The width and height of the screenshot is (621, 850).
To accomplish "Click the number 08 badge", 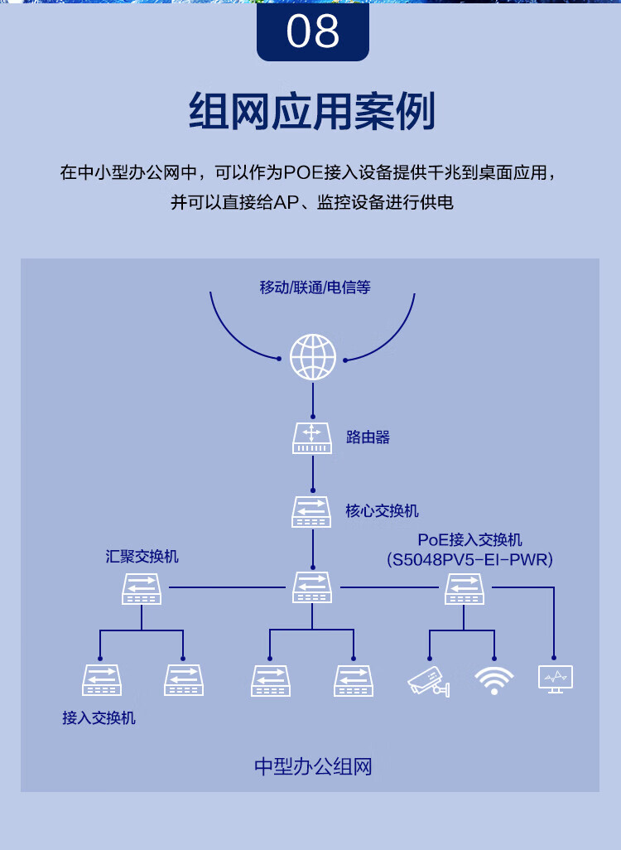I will [312, 31].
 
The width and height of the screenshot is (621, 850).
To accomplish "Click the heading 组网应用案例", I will [311, 112].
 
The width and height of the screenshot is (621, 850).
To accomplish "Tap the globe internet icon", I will [313, 357].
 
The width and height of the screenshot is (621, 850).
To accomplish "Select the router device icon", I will [312, 437].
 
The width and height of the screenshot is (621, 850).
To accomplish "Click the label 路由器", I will [368, 437].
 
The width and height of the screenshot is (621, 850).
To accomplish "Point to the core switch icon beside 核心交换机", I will [312, 511].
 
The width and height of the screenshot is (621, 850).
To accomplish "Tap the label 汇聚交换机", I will [142, 556].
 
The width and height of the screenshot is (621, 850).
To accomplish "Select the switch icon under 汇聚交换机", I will [142, 588].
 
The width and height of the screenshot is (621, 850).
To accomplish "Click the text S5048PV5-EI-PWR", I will [469, 560].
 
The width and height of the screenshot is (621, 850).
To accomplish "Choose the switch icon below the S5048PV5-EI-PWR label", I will [465, 588].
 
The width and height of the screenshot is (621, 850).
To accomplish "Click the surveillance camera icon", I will [429, 680].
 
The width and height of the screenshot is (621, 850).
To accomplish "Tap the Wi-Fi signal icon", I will [494, 680].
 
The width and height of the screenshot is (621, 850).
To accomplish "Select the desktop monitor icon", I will [555, 679].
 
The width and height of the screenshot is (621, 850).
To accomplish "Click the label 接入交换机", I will [99, 717].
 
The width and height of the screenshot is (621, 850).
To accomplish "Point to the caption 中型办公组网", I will [313, 766].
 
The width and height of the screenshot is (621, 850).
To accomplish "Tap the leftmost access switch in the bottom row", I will [102, 680].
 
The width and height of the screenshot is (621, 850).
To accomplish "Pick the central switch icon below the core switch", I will [312, 587].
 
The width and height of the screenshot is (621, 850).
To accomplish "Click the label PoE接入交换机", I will [469, 539].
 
